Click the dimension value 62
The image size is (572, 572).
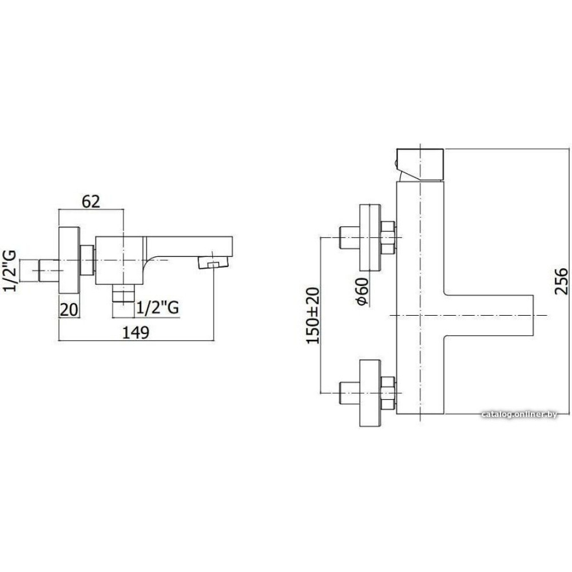(90, 201)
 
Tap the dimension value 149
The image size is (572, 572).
(136, 332)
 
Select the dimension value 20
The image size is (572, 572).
(69, 309)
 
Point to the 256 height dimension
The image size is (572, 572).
(561, 281)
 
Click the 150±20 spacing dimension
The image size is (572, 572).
(313, 316)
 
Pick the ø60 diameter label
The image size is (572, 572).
(362, 291)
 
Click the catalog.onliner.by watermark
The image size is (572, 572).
(519, 414)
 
